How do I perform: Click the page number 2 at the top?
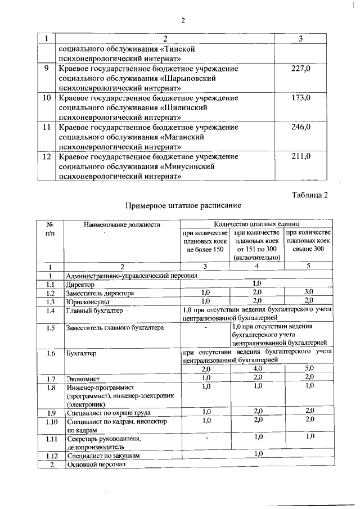[182, 21]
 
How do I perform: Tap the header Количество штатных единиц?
[256, 224]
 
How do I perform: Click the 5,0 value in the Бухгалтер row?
[309, 369]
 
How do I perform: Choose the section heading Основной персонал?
[93, 464]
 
